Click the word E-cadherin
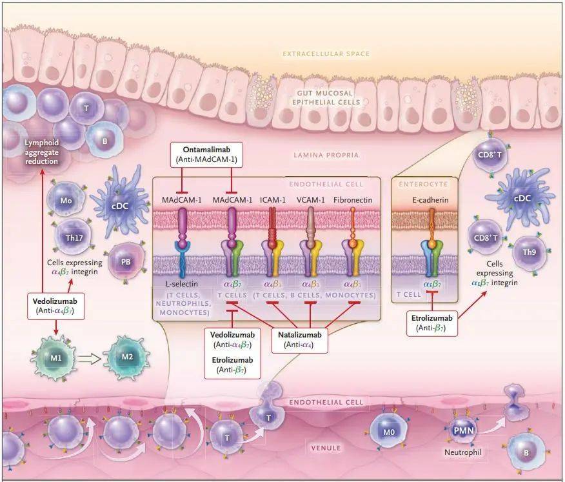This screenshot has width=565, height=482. [x=431, y=201]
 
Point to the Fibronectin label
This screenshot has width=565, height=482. [x=352, y=201]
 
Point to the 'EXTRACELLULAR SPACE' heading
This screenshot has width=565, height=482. [x=326, y=54]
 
